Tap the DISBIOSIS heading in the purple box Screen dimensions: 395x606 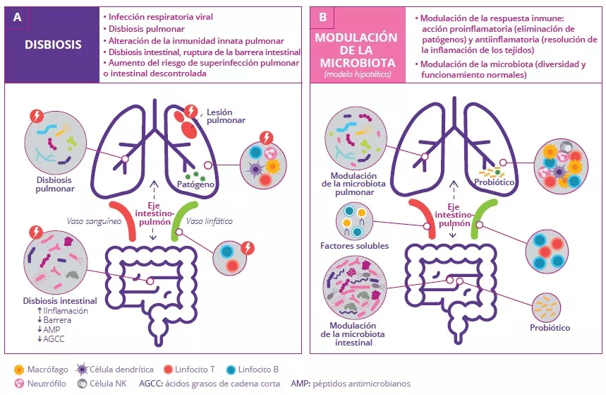[x=53, y=45]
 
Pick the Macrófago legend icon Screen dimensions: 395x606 [x=20, y=370]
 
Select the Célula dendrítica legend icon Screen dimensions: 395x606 [x=82, y=370]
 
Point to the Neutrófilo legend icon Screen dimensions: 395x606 [x=20, y=384]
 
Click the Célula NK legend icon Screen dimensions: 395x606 [x=82, y=384]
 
